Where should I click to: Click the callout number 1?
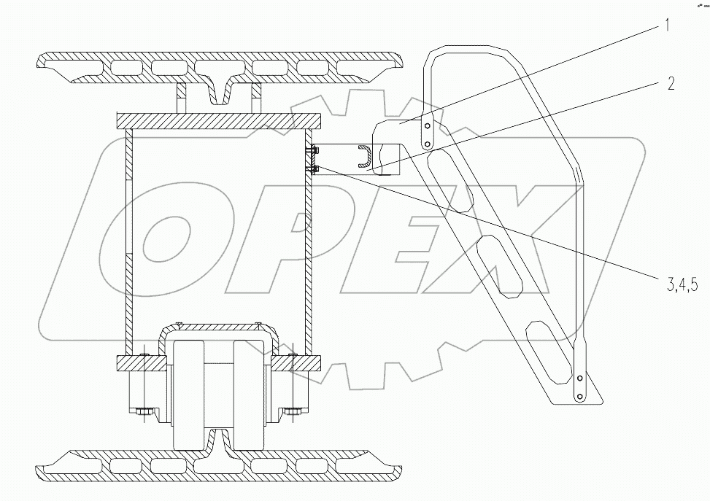(x=665, y=27)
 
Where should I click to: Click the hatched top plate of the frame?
(x=217, y=121)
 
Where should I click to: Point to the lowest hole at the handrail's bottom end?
(x=579, y=396)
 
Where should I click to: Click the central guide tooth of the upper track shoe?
(x=219, y=90)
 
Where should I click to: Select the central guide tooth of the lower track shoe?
(x=217, y=439)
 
